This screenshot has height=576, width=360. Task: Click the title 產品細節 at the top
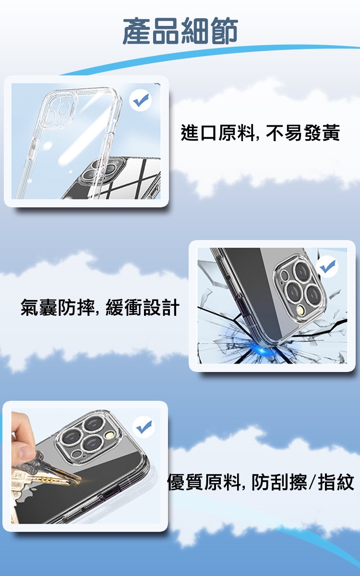(x=180, y=31)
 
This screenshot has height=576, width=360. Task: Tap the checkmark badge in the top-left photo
(x=140, y=100)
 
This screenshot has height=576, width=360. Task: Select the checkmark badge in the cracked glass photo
(x=327, y=267)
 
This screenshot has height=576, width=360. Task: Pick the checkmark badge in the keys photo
(x=144, y=427)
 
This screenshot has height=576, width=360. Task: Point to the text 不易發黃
(x=303, y=132)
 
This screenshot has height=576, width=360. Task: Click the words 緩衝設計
(x=143, y=307)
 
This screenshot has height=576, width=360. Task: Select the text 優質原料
(x=204, y=482)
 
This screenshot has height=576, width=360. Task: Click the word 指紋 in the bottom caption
(x=336, y=482)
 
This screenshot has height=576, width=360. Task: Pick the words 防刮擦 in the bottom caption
(x=279, y=482)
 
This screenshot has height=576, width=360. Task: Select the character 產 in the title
(x=137, y=31)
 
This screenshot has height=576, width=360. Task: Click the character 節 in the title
(x=224, y=31)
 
